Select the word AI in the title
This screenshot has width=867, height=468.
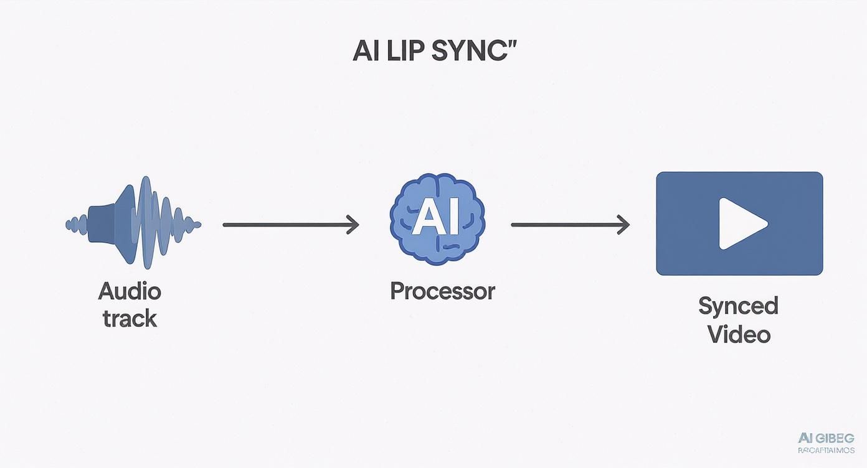[366, 52]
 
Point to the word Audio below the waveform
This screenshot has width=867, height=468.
[130, 291]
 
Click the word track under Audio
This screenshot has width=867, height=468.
[130, 318]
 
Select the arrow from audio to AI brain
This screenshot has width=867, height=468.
[290, 224]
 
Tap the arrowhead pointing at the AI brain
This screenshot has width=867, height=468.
[354, 224]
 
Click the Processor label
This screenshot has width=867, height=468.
[442, 291]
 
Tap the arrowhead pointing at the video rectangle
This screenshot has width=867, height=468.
[623, 224]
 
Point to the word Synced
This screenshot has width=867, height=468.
[738, 306]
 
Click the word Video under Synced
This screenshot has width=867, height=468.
[739, 334]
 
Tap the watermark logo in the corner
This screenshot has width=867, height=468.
[826, 438]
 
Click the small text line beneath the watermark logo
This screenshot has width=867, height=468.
[826, 450]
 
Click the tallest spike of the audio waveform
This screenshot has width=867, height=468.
[146, 223]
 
